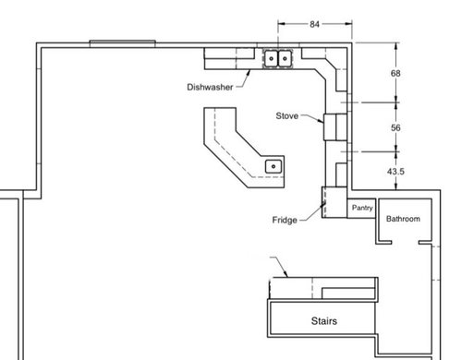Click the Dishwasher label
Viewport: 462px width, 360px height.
tap(210, 87)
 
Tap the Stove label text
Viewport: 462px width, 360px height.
tap(287, 115)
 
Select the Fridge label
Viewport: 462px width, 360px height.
tap(285, 220)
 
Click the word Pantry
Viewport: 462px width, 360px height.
tap(362, 208)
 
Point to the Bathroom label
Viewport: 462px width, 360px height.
tap(403, 219)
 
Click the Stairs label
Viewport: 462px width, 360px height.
tap(324, 321)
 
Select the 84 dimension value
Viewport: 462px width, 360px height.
tap(314, 24)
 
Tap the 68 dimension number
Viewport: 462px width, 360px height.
tap(395, 73)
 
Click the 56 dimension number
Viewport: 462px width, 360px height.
tap(395, 127)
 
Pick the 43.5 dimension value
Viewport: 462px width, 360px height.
tap(395, 172)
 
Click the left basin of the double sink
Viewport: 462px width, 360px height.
tap(271, 58)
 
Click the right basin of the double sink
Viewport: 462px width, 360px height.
tap(285, 58)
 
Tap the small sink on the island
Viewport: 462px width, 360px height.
tap(274, 166)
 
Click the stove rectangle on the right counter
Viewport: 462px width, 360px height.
tap(335, 126)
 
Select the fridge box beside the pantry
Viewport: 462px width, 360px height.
tap(334, 202)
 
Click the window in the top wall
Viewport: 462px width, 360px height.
tap(122, 43)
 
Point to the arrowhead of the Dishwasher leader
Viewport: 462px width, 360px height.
tap(249, 72)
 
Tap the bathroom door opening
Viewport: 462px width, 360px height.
tap(405, 243)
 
